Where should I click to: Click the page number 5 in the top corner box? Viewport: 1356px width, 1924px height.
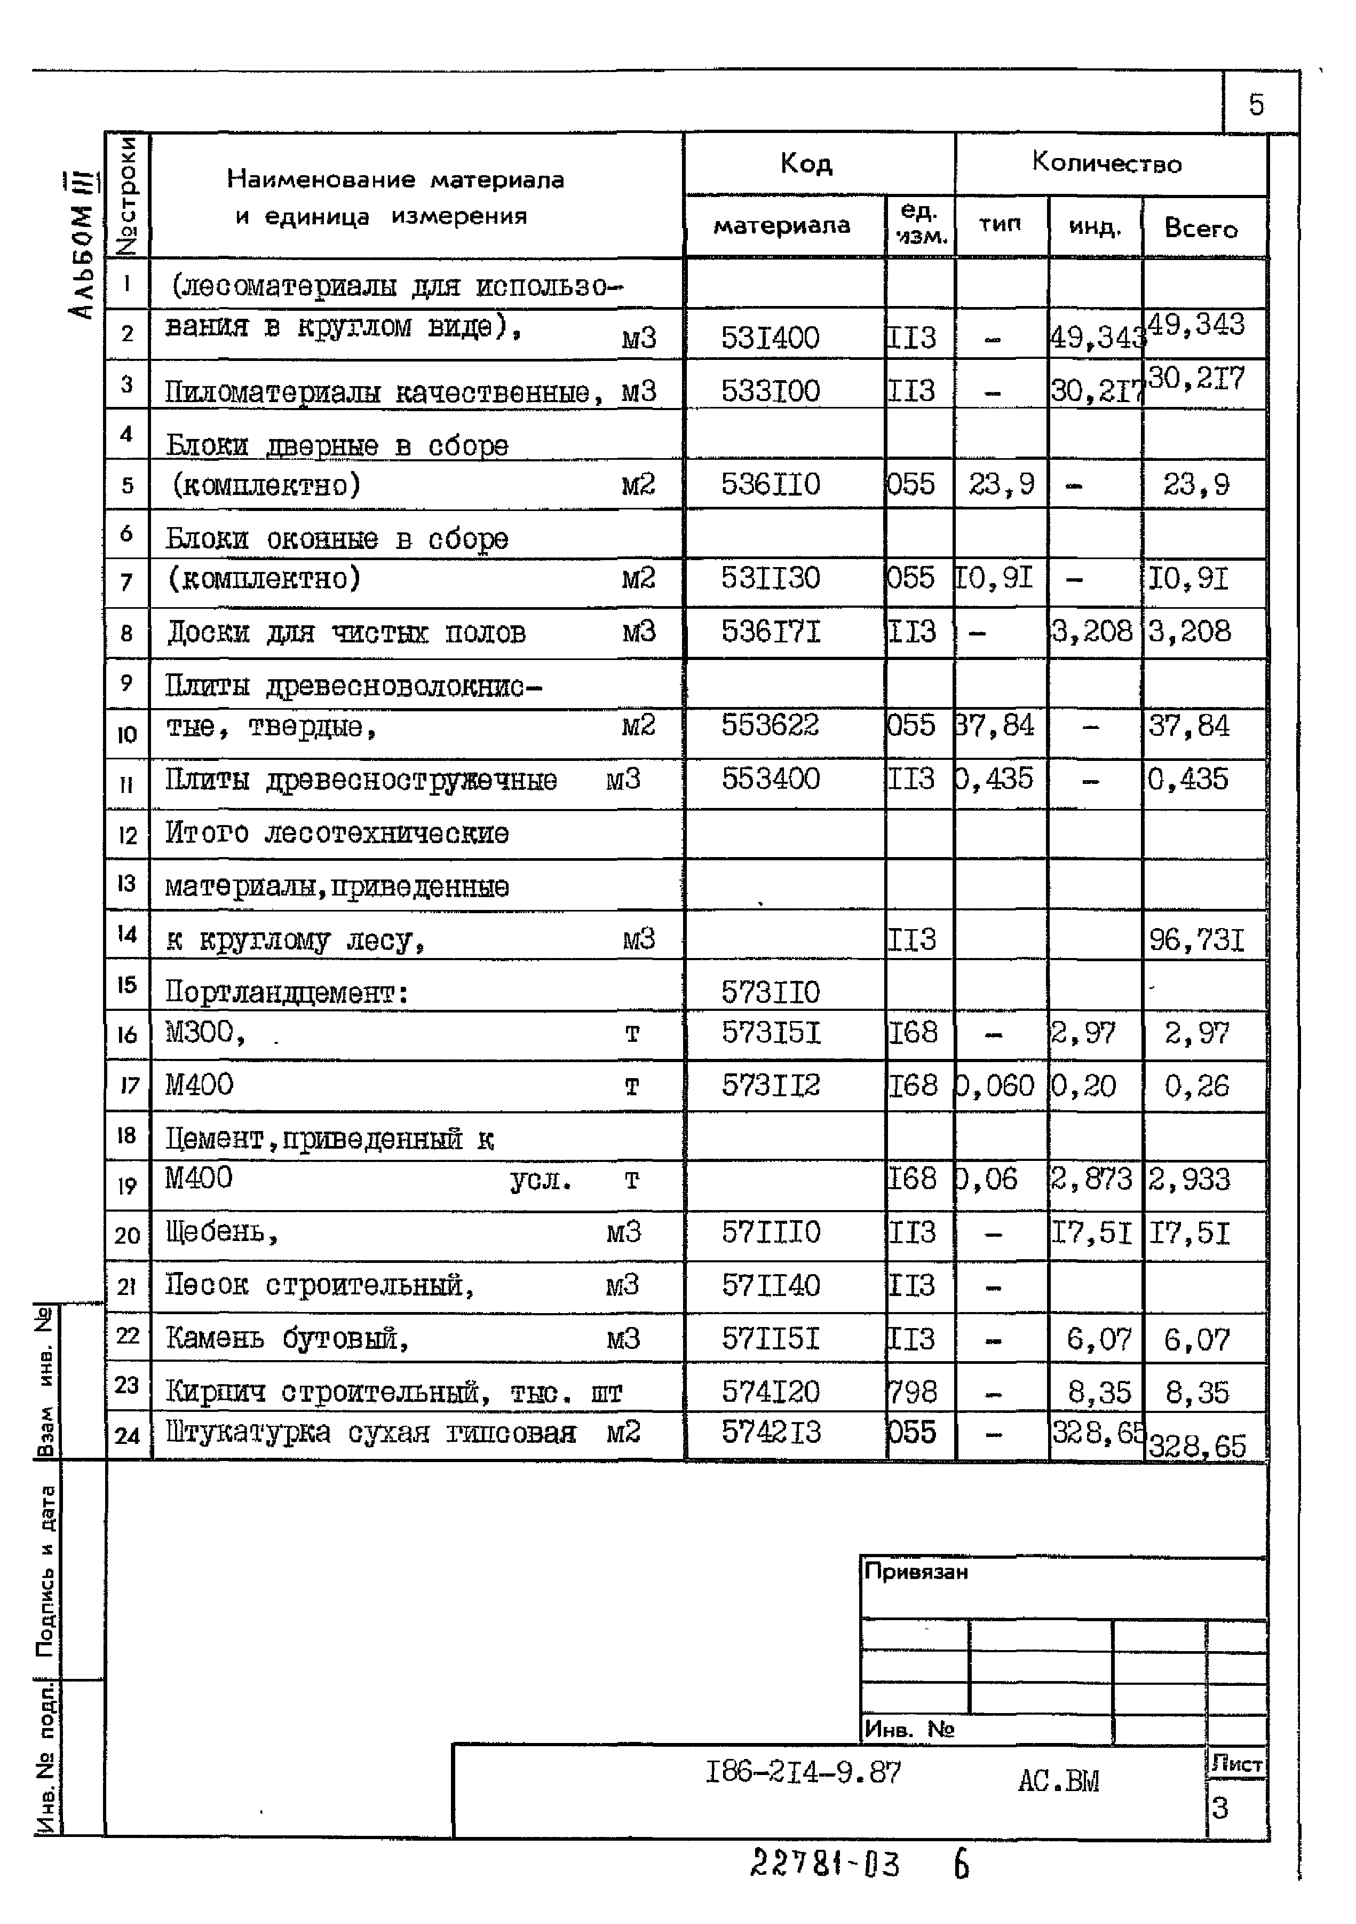point(1256,105)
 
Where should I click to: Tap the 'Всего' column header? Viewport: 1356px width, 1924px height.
point(1201,228)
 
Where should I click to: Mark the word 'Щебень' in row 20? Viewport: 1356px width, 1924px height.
point(216,1232)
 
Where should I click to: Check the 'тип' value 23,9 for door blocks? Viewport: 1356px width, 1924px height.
point(1002,484)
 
